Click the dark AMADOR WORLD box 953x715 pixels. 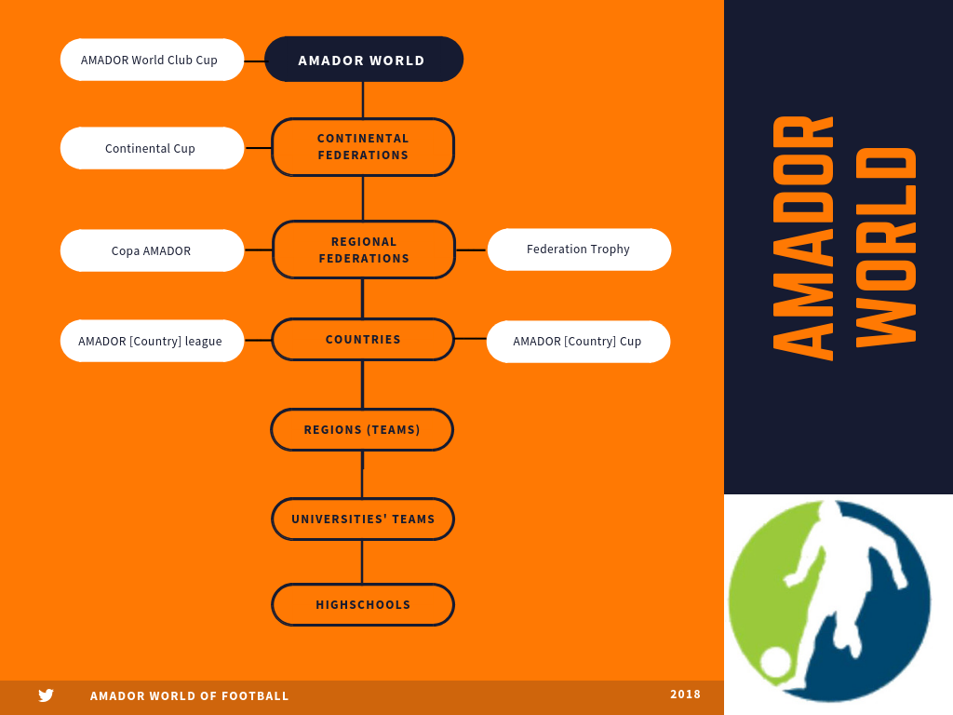tap(363, 60)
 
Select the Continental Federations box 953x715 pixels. tap(363, 147)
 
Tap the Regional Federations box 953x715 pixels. tap(364, 250)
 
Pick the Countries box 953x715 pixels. tap(363, 339)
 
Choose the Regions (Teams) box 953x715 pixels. tap(362, 430)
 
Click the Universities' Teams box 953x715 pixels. tap(363, 519)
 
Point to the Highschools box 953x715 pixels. tap(363, 605)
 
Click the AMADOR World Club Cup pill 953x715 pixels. tap(152, 60)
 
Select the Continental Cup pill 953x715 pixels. tap(152, 148)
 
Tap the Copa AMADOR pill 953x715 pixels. tap(152, 250)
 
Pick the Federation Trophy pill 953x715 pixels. tap(579, 250)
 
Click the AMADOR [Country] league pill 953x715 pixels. tap(152, 341)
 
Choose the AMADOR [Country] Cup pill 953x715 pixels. tap(578, 342)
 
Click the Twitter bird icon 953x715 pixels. tap(46, 695)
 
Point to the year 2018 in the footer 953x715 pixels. tap(685, 695)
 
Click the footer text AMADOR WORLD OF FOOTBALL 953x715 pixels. tap(190, 696)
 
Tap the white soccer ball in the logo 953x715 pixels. tap(775, 662)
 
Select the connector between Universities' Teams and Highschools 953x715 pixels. tap(362, 562)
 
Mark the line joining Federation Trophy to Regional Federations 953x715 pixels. tap(471, 250)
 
